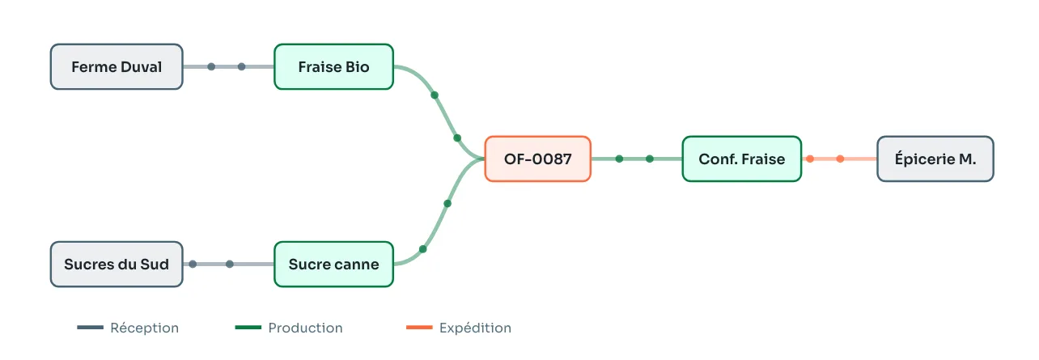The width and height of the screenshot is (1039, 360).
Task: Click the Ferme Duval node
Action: (x=117, y=67)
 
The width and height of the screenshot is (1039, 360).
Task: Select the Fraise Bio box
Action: (x=333, y=67)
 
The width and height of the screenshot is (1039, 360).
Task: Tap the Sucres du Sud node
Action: (x=117, y=264)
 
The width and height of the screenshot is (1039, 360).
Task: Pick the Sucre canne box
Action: (x=333, y=264)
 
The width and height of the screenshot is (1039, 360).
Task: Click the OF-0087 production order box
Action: (x=537, y=159)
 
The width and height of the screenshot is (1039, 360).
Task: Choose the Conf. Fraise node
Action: (x=742, y=159)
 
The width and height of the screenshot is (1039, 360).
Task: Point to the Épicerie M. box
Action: (x=935, y=159)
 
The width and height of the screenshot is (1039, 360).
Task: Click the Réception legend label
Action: (x=144, y=328)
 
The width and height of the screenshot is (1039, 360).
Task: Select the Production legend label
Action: (x=305, y=328)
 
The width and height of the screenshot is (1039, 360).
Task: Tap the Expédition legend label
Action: (x=475, y=328)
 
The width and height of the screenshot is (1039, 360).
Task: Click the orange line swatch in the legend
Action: (x=419, y=328)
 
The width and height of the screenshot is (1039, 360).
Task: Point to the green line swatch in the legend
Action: (x=248, y=328)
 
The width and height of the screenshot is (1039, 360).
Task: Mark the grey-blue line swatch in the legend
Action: (x=90, y=328)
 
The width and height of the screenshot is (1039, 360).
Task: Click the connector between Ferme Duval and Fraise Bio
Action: (x=229, y=67)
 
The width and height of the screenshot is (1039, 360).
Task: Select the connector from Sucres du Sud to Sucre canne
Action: (x=229, y=264)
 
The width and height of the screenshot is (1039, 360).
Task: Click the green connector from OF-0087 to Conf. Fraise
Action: (x=636, y=159)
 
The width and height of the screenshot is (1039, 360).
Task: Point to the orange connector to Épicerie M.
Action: (x=840, y=159)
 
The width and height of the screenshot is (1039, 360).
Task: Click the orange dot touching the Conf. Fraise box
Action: (x=810, y=159)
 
